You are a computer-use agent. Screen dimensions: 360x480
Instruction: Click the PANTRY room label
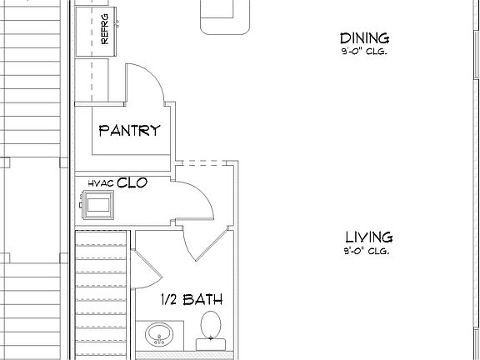[129, 131]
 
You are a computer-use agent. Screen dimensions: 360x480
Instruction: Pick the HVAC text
[100, 182]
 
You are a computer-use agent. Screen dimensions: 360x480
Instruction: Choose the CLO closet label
[132, 182]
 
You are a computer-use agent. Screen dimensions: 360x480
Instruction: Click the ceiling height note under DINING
[366, 52]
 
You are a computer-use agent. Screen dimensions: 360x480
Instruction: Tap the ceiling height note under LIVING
[366, 251]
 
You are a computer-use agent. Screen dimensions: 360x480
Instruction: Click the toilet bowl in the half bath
[212, 323]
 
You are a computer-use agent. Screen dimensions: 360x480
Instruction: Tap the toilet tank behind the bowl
[212, 342]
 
